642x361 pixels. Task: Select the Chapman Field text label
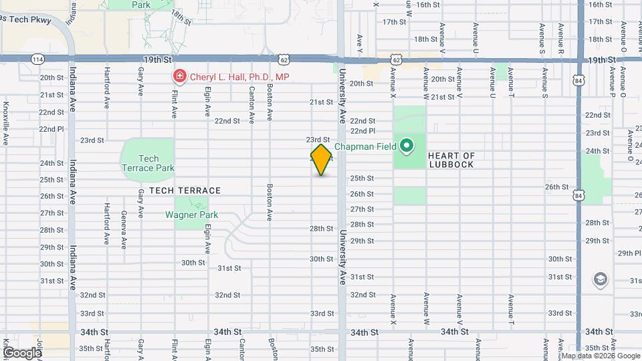[365, 146]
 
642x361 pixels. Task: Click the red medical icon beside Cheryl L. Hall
[179, 77]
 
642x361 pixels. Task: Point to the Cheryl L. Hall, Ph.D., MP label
[239, 77]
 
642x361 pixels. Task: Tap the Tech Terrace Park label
[147, 163]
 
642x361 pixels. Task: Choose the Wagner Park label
[191, 215]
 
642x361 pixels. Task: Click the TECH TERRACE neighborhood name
[185, 191]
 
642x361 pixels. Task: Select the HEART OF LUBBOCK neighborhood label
[451, 160]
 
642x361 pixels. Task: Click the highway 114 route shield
[34, 59]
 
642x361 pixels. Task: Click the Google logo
[21, 352]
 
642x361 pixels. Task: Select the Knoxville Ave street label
[5, 124]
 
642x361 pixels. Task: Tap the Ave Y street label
[360, 42]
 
